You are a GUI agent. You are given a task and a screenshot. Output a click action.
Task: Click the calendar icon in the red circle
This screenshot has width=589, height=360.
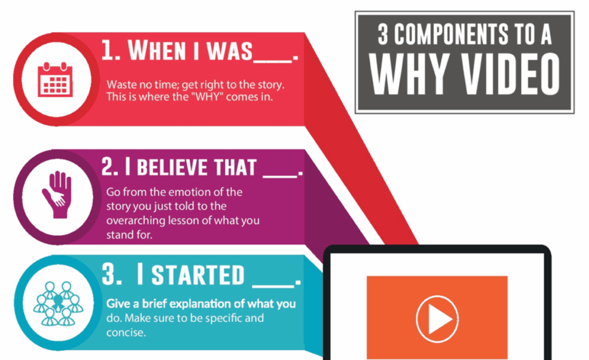[x=55, y=80]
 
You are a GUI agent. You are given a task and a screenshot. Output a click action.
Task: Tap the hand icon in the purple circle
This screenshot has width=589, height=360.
[x=56, y=194]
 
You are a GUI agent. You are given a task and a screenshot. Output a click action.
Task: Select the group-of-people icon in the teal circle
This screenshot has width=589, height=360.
[x=57, y=303]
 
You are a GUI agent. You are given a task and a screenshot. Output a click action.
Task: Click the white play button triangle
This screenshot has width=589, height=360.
[x=438, y=318]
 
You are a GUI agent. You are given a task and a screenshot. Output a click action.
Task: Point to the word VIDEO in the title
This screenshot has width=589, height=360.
[x=502, y=75]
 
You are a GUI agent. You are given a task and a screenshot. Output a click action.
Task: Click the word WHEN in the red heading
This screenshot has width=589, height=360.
[x=156, y=51]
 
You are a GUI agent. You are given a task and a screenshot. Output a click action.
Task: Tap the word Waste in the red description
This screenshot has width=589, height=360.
[x=119, y=84]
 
